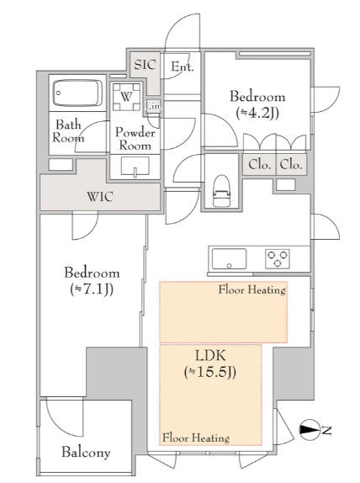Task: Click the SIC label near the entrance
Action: tap(145, 65)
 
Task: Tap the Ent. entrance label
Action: tap(183, 66)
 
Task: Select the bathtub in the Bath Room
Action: tap(78, 93)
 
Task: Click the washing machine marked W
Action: tap(126, 97)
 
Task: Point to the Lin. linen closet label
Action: tap(153, 106)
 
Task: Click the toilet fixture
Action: tap(221, 191)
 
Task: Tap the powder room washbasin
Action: tap(135, 167)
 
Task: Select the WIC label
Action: tap(100, 196)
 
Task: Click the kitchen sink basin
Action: tap(229, 259)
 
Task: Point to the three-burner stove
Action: tap(278, 259)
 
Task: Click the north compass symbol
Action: tap(310, 430)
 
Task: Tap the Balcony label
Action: tap(86, 452)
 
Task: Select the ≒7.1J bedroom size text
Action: tap(92, 289)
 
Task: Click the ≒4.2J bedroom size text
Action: tap(257, 114)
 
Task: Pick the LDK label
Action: tap(210, 356)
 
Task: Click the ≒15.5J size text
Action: tap(210, 372)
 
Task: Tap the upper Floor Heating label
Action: tap(251, 289)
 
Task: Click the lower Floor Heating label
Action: tap(196, 438)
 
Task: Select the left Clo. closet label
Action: tap(260, 165)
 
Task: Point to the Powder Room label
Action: tap(135, 139)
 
